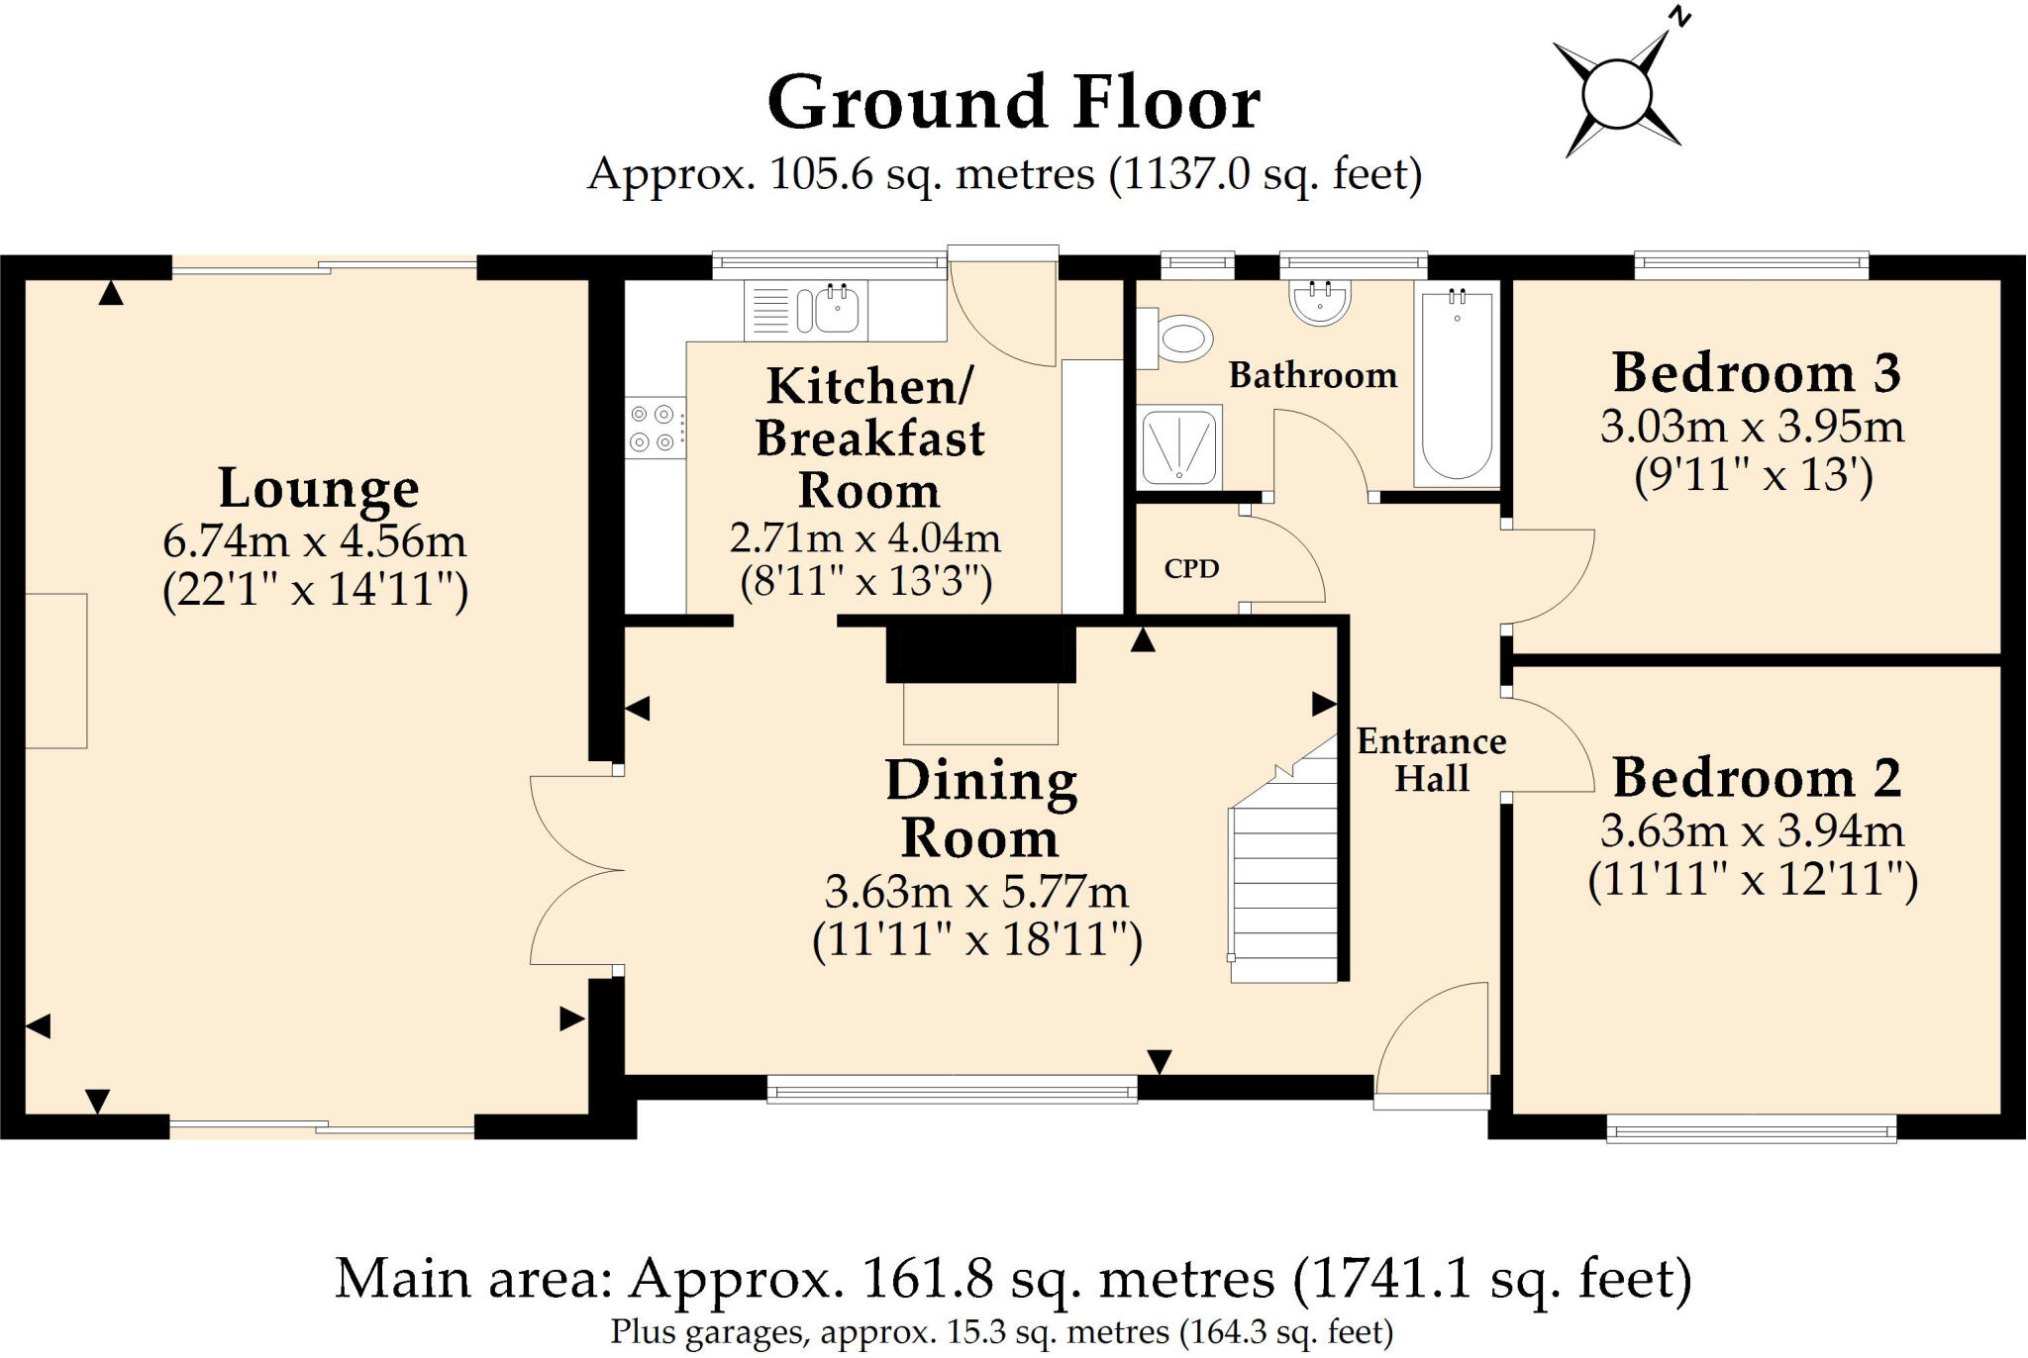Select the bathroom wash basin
tap(1320, 301)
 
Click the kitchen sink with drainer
tap(806, 310)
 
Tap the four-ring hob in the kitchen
tap(655, 428)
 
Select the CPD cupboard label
tap(1191, 568)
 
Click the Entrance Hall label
tap(1431, 760)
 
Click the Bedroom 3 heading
tap(1757, 373)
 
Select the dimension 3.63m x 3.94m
tap(1752, 831)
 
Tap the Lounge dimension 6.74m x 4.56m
tap(314, 541)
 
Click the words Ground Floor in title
tap(1014, 102)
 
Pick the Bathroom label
tap(1313, 375)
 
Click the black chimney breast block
tap(980, 651)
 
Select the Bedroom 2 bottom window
tap(1751, 1128)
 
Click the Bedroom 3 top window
tap(1751, 264)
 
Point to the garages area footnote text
tap(1001, 1332)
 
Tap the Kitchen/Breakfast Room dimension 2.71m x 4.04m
tap(865, 538)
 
